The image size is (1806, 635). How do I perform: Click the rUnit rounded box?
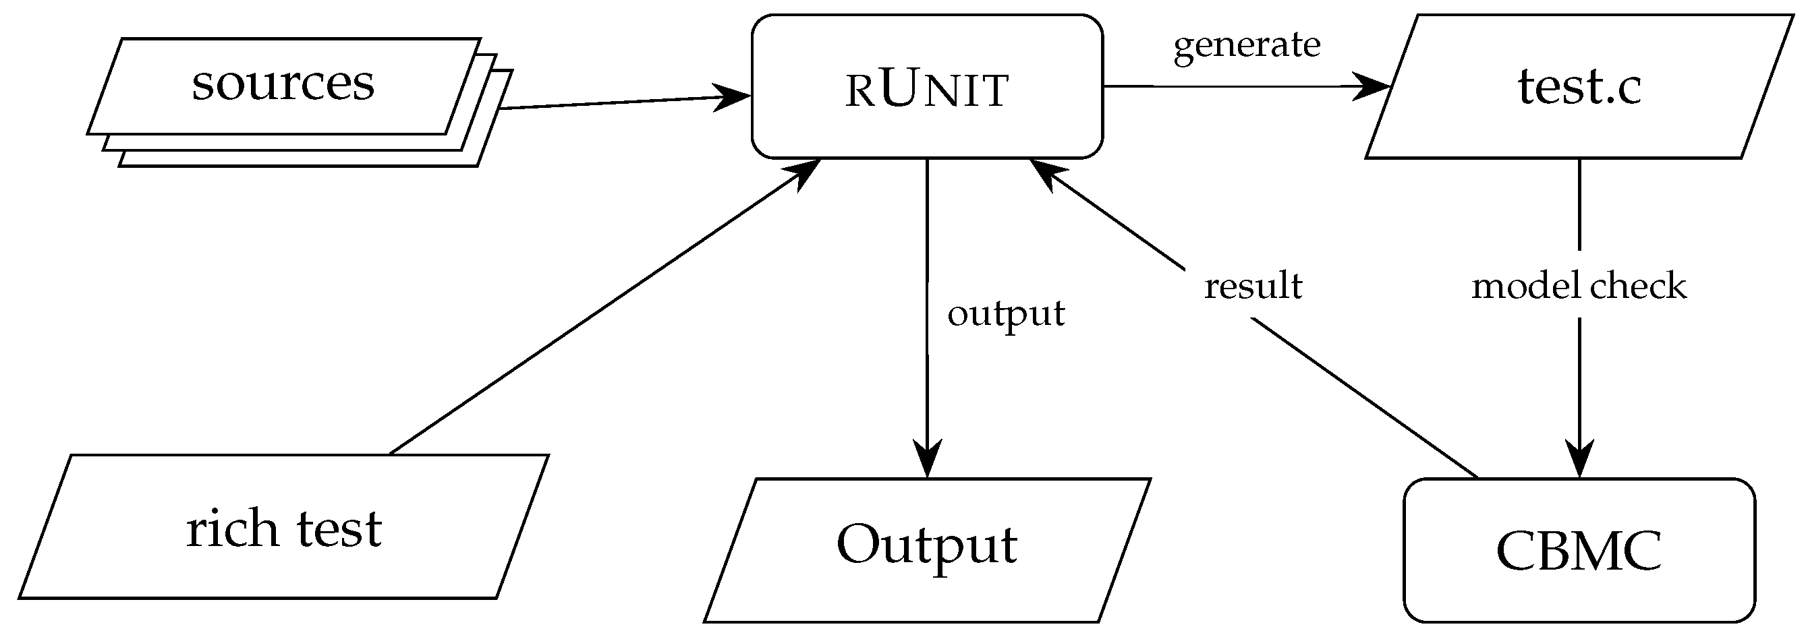(927, 87)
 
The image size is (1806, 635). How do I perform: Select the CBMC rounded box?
(1579, 550)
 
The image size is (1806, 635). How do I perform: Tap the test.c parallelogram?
(1579, 87)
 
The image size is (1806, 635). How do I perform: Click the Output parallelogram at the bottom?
(927, 550)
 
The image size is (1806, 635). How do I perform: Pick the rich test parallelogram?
(284, 527)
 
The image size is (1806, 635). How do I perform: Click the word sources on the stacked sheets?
(283, 84)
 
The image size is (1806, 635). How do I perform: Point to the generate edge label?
(1247, 45)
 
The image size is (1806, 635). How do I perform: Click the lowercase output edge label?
(1005, 313)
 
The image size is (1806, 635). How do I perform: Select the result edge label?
(1253, 286)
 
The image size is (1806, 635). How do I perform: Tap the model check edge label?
(1579, 286)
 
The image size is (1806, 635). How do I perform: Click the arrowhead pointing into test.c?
(1373, 87)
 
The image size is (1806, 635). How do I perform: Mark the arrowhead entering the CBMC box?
(1579, 461)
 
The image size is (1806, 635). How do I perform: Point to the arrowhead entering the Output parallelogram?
(927, 461)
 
